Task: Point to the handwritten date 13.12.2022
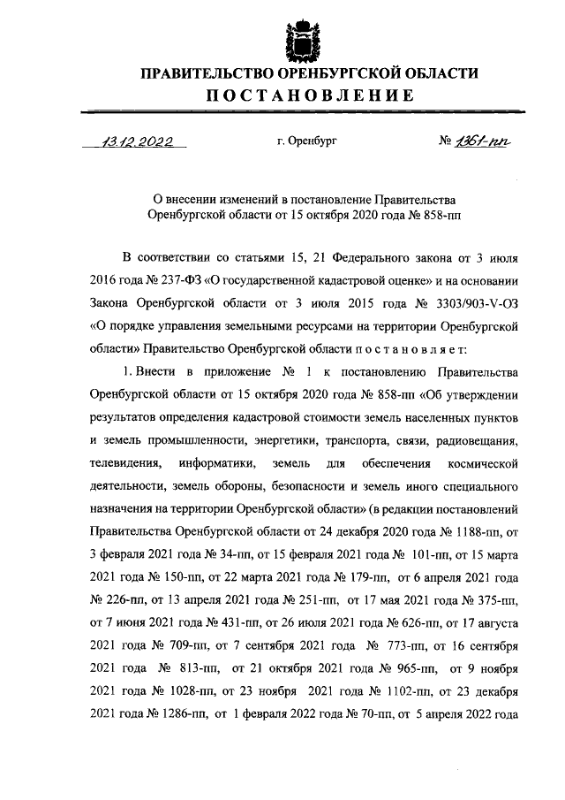click(135, 141)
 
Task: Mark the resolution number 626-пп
click(394, 601)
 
